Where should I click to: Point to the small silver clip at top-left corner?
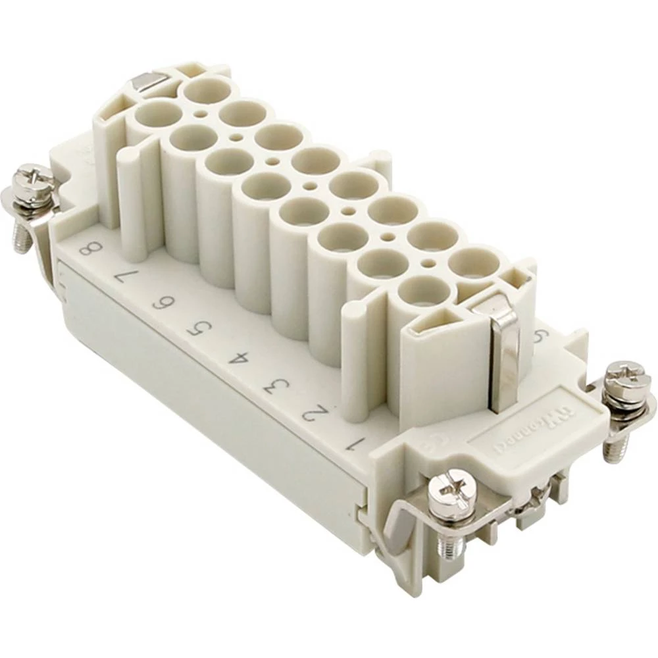(x=146, y=82)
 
